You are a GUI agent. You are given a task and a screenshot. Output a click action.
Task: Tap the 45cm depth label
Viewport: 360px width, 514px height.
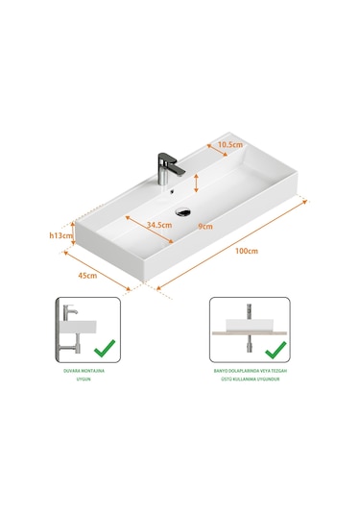(87, 276)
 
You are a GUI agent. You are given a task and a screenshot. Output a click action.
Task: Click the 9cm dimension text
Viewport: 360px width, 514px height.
(205, 227)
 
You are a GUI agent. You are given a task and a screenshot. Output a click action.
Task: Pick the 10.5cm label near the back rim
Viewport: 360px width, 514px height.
(228, 146)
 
